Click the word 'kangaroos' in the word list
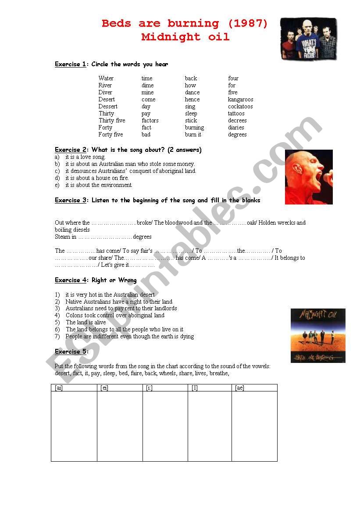coord(240,100)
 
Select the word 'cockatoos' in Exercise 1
coord(240,107)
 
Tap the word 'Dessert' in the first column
coord(108,107)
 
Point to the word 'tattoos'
coord(236,114)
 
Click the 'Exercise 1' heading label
coord(70,65)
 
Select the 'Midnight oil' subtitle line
coord(185,37)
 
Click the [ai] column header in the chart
coord(59,388)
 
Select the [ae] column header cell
coord(239,388)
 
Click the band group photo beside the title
coord(309,39)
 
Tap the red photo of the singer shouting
coord(309,177)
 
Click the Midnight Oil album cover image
coord(318,335)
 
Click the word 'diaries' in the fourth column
coord(236,128)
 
